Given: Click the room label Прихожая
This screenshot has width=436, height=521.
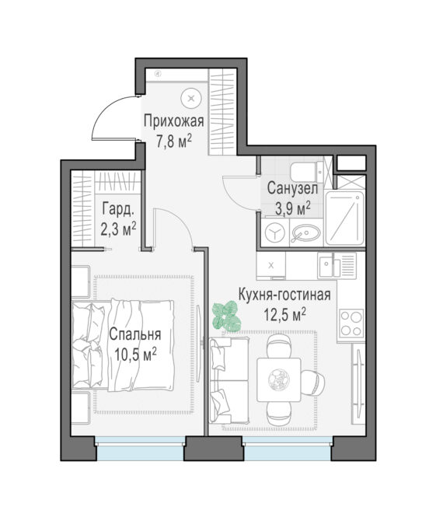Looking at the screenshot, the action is point(173,121).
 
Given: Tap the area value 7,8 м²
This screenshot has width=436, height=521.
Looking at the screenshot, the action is point(174,142).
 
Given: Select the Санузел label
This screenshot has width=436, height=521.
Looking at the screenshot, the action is point(292,188).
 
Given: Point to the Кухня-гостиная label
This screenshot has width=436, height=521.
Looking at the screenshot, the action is point(284,295).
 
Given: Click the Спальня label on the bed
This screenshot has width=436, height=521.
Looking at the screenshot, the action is point(135,334).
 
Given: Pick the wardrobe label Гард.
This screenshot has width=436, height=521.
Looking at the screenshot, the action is point(118,209).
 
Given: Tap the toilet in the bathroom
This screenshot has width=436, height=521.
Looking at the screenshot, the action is point(306,172).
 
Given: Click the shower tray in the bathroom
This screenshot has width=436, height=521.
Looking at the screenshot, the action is point(344,218).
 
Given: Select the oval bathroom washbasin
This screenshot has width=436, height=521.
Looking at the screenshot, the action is point(306,233).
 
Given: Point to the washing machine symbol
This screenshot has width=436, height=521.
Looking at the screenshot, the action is point(275,233).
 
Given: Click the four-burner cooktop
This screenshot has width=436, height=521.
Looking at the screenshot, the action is point(351,322).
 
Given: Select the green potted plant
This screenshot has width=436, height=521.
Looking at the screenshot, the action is point(226,316).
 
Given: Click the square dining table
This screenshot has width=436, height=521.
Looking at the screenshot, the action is point(278,379).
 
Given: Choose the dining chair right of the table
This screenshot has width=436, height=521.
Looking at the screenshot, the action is point(312,383).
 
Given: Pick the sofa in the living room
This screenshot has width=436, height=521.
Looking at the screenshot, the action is point(228,380).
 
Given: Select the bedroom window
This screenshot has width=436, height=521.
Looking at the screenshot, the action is point(141,447).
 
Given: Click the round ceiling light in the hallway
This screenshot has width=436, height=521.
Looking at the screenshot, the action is point(191,98).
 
